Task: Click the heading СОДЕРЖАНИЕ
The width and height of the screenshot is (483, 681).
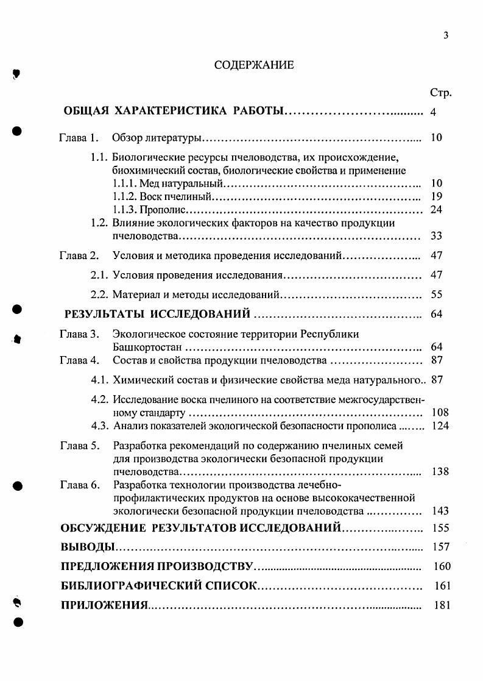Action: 254,65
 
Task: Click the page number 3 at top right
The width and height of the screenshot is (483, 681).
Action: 446,35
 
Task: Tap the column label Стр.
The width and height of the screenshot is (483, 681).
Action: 440,93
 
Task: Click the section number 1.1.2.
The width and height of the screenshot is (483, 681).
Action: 125,197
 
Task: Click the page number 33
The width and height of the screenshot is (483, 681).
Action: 436,236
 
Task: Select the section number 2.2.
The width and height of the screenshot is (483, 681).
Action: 99,294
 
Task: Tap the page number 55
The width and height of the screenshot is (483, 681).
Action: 436,294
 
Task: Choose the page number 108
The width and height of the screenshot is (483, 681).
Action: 440,413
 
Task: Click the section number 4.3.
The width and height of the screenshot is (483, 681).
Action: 100,426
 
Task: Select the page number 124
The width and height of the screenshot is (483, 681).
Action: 440,426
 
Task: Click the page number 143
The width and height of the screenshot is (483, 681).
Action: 440,511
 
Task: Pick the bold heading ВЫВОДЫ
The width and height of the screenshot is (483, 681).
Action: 88,546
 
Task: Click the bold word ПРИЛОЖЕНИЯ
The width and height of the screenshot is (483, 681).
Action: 105,605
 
